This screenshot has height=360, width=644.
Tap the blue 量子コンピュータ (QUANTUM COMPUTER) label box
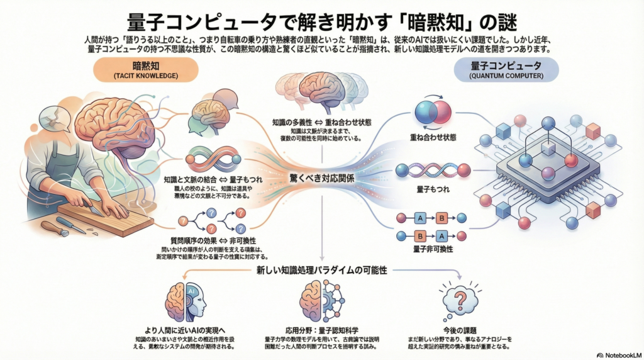point(498,70)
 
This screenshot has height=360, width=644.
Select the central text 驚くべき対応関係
point(321,178)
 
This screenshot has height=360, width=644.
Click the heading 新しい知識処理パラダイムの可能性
point(321,270)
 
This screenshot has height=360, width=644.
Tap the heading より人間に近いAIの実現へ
point(186,330)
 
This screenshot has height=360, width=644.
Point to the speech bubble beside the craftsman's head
point(49,119)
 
